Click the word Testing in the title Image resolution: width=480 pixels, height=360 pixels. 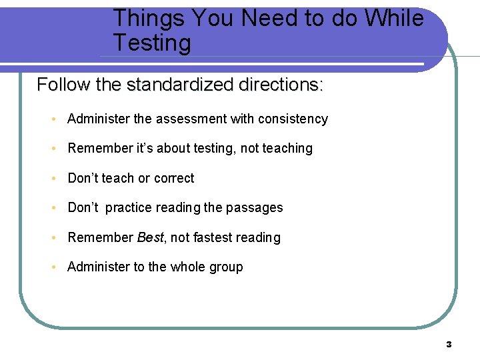click(x=152, y=43)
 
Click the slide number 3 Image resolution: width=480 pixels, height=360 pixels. click(x=449, y=344)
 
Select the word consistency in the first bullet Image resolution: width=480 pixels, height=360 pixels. click(x=293, y=119)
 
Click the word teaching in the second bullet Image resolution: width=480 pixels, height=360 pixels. click(x=288, y=149)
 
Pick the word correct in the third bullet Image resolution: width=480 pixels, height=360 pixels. click(x=174, y=178)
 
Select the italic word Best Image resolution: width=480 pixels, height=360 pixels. click(x=150, y=237)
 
